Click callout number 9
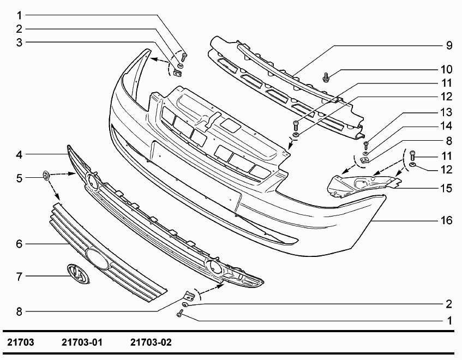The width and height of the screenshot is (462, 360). coord(449,46)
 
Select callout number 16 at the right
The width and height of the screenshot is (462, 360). coord(447,221)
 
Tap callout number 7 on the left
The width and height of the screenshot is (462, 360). coord(19,277)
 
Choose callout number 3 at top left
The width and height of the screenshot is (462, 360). coord(19,42)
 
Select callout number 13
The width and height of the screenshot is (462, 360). coord(447,113)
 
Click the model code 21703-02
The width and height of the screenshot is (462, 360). coord(151,343)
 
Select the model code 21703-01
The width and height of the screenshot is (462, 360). coord(82,343)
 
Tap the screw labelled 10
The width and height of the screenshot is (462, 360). coord(326,77)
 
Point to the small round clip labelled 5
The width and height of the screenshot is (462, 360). coord(46,175)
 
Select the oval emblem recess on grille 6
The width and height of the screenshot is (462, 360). coord(97,257)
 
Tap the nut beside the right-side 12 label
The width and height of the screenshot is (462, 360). coord(413,165)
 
